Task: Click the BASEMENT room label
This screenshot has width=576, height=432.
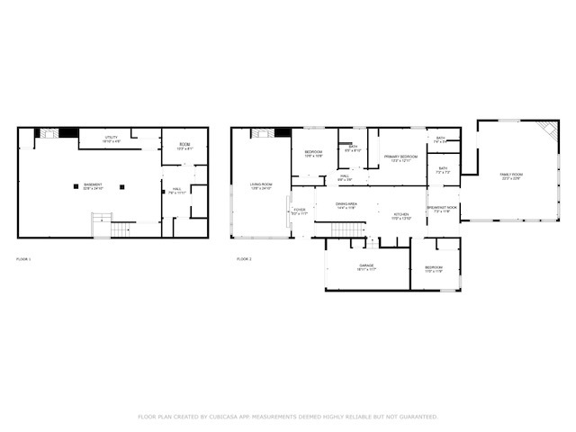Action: (x=94, y=185)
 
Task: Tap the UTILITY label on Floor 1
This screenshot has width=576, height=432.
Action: (x=112, y=138)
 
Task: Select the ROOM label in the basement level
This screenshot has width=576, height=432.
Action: (x=184, y=144)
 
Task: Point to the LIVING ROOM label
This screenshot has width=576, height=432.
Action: (x=261, y=184)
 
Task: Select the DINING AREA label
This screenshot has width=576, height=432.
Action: (x=346, y=204)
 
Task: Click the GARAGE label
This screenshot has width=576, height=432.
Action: (x=366, y=266)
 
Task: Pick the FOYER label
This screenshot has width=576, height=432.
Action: (x=300, y=210)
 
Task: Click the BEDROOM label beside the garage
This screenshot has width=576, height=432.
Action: (x=434, y=267)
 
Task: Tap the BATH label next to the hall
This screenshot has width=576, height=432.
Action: (x=354, y=147)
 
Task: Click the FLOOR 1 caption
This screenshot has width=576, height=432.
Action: (x=23, y=259)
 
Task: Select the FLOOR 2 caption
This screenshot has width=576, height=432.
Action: (x=244, y=259)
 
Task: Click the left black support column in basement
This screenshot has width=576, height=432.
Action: (x=76, y=186)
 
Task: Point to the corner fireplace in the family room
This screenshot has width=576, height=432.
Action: (x=547, y=130)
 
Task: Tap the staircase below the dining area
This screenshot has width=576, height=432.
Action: (x=345, y=229)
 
